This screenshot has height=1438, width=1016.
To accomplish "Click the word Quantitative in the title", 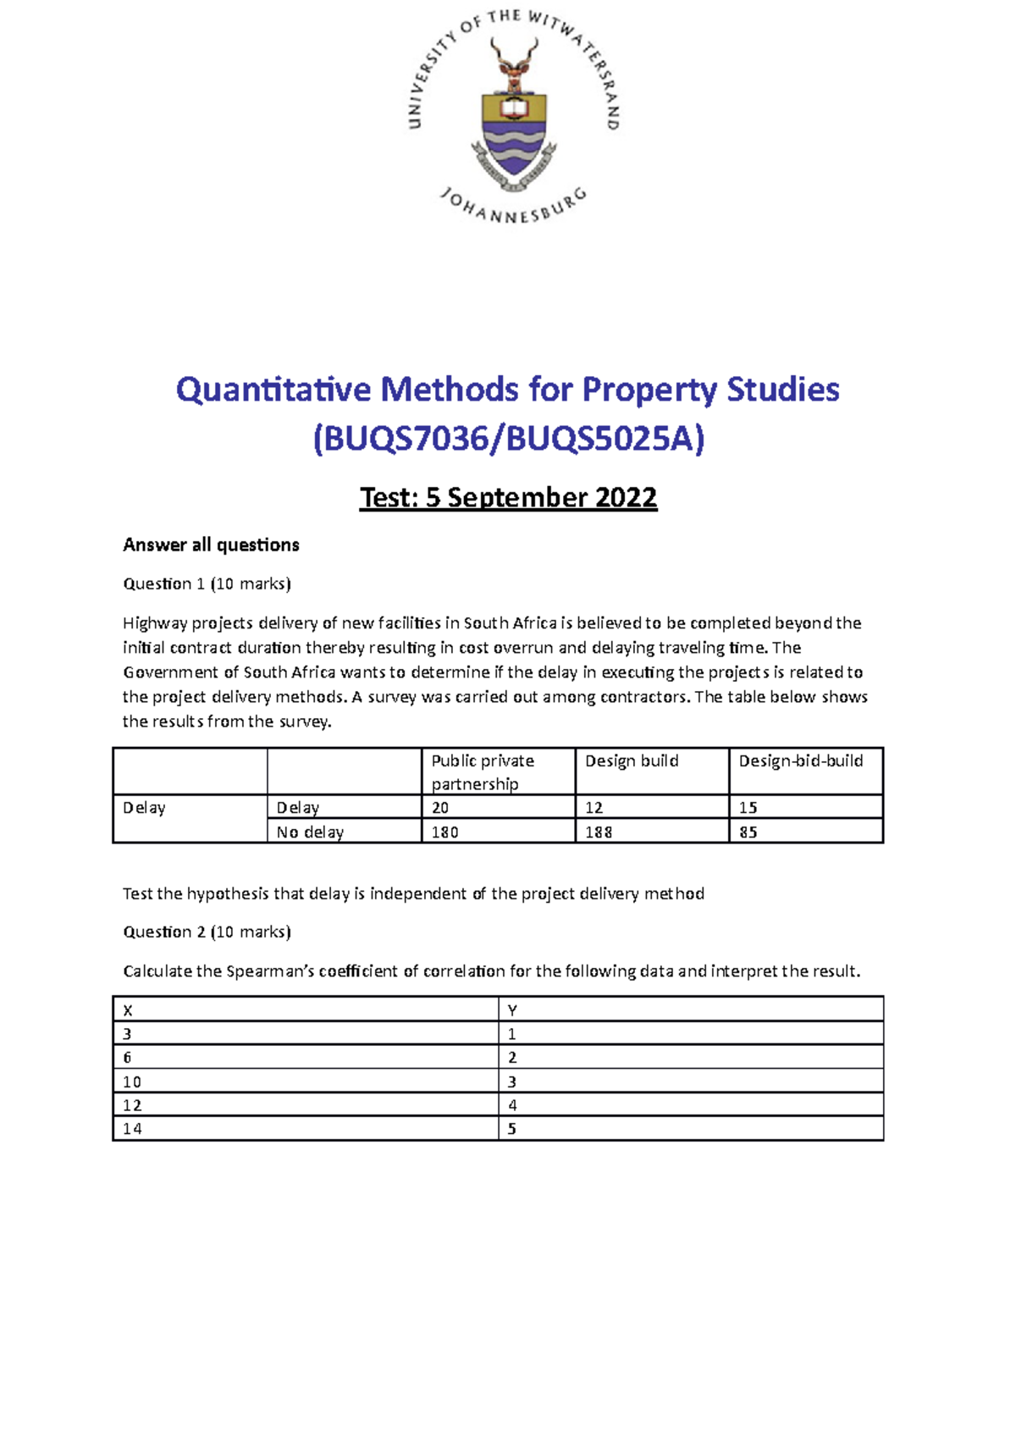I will click(x=273, y=390).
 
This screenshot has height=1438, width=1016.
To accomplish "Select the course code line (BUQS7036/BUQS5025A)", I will click(x=508, y=440).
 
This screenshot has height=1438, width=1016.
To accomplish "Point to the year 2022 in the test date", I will click(x=626, y=497).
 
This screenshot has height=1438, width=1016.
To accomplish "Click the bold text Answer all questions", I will click(x=211, y=545).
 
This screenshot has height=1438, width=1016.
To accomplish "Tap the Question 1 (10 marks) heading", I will click(x=207, y=583).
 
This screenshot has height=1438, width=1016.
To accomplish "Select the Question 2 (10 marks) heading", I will click(x=207, y=932).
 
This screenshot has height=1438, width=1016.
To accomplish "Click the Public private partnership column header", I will click(x=483, y=772).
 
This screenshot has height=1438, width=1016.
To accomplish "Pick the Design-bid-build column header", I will click(x=800, y=760).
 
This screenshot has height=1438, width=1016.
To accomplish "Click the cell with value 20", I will click(x=440, y=808).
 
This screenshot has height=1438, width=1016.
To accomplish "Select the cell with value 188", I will click(x=599, y=832).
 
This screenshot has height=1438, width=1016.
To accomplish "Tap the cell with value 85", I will click(x=748, y=832).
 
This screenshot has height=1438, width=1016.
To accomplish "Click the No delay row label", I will click(x=310, y=832).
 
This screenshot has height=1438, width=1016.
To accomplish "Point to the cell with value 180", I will click(x=444, y=832).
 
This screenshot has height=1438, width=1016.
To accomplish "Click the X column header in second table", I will click(x=128, y=1010).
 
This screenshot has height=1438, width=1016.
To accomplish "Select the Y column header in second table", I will click(x=512, y=1010).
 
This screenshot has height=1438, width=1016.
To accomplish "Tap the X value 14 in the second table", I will click(x=132, y=1129).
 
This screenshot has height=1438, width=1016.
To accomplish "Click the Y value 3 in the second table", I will click(x=512, y=1081).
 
